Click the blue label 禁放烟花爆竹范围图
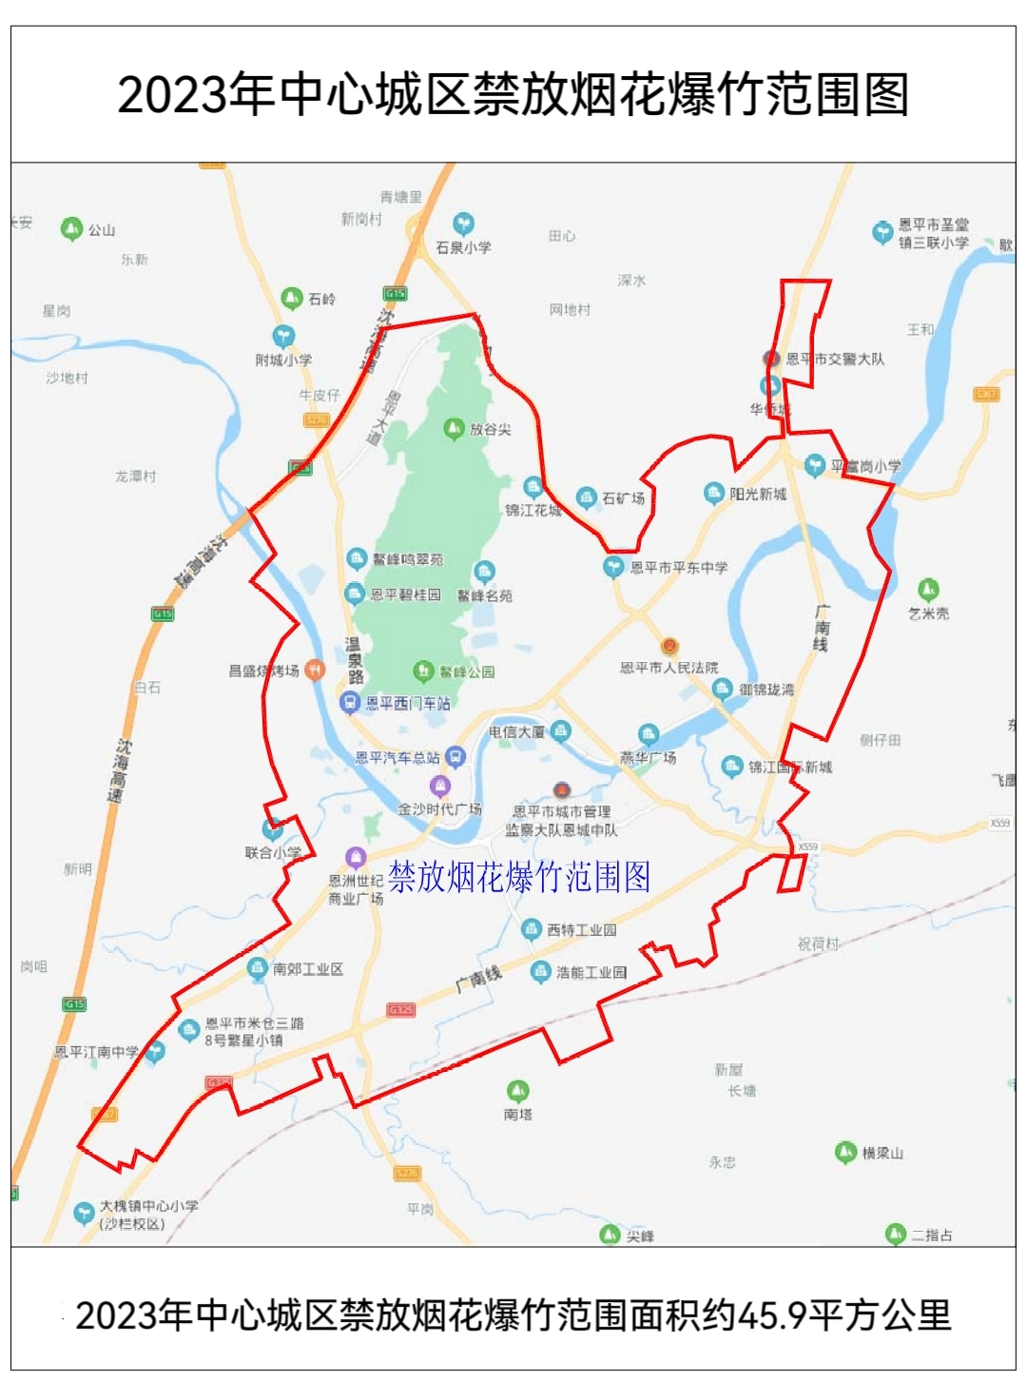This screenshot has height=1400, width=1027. [519, 877]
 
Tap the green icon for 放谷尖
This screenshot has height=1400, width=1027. [455, 428]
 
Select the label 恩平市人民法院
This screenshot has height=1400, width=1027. [669, 668]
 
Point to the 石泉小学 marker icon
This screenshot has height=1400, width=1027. [463, 224]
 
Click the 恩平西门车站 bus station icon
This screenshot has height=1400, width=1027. [350, 703]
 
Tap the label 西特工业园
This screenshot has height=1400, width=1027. [581, 930]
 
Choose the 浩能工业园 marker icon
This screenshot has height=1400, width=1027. [540, 971]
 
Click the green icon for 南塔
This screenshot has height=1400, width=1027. [517, 1090]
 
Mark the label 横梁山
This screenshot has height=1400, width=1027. [882, 1153]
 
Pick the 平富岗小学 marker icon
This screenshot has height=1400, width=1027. [815, 465]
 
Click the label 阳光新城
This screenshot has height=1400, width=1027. [758, 494]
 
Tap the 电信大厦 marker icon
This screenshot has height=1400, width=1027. [560, 730]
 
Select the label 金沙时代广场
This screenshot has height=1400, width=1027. [439, 809]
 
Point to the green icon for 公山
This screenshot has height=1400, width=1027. [72, 228]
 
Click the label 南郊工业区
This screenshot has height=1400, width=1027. [307, 969]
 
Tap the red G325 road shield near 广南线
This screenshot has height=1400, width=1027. [401, 1009]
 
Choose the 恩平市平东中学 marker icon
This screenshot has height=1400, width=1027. [613, 567]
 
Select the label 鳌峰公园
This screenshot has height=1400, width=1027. [466, 671]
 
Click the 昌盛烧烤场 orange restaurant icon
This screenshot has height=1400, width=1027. [315, 670]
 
